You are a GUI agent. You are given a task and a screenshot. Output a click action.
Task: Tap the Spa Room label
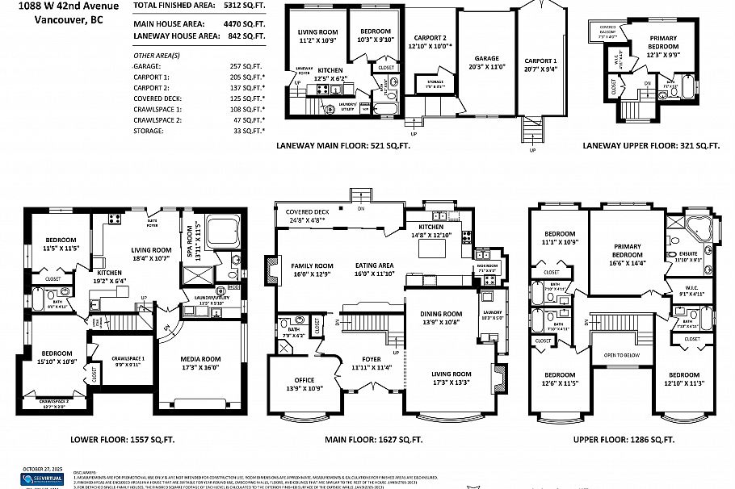[x=191, y=240]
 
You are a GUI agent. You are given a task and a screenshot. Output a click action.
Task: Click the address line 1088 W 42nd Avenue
[x=68, y=6]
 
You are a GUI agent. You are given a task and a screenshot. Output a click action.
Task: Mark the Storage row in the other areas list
[x=199, y=131]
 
